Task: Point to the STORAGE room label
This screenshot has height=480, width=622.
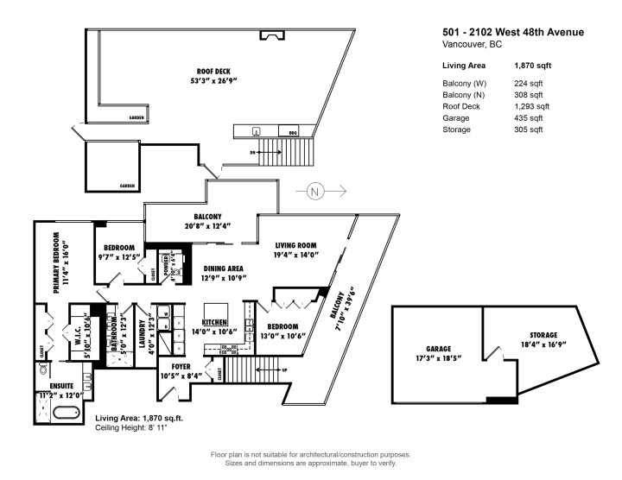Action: click(x=543, y=335)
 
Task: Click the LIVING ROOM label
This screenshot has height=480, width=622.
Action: click(x=297, y=244)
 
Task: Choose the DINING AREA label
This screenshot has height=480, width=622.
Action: click(x=223, y=268)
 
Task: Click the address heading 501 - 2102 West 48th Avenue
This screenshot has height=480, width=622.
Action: click(x=512, y=33)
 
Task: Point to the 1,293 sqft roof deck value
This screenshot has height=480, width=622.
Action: click(x=529, y=106)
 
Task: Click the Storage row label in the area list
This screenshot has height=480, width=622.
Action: click(x=456, y=129)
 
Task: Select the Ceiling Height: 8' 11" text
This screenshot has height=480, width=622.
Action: click(x=144, y=426)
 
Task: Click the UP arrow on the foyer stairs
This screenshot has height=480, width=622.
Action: click(x=284, y=369)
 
